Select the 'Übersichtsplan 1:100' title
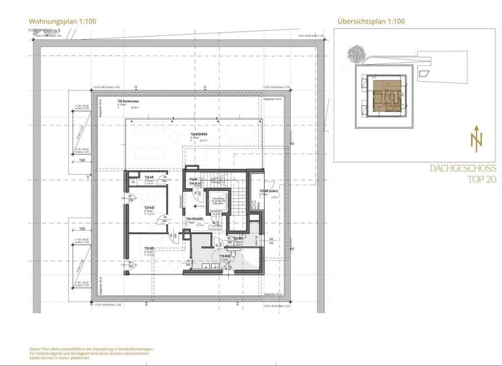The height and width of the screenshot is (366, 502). [x=371, y=22]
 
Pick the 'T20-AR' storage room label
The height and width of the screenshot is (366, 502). [x=148, y=177]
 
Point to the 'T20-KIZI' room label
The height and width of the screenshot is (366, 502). [x=149, y=208]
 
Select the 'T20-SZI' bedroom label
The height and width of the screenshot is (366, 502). [x=148, y=248]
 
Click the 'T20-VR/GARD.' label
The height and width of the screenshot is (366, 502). [x=195, y=219]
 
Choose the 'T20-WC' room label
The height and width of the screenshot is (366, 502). [x=238, y=239]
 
